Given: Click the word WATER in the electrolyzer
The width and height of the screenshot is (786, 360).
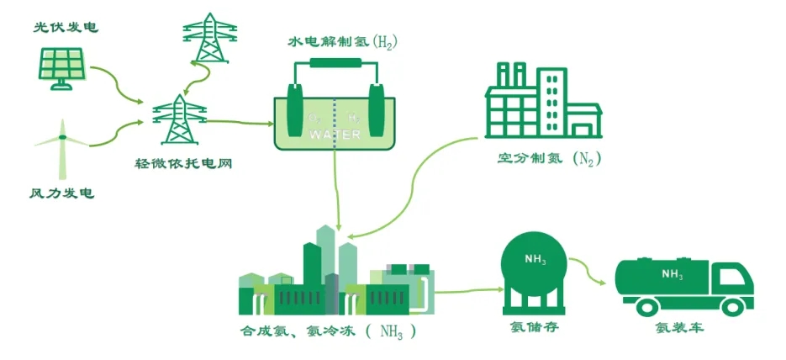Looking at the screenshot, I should pyautogui.click(x=334, y=135).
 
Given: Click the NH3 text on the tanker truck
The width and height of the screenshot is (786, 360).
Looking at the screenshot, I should pyautogui.click(x=672, y=273).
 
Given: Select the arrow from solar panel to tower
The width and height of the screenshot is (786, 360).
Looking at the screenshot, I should pyautogui.click(x=117, y=84).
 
